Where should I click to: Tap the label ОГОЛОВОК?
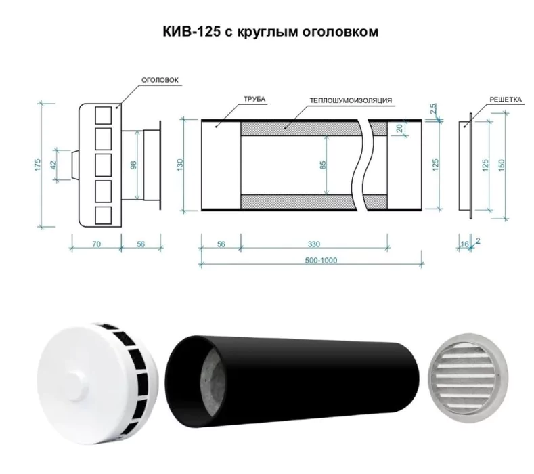click(x=160, y=80)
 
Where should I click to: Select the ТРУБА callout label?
click(x=254, y=100)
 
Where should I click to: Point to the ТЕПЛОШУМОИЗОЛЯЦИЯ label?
click(x=351, y=100)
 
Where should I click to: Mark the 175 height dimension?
click(x=38, y=164)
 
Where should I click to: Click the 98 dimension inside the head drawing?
click(x=133, y=164)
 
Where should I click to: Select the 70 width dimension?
click(x=97, y=244)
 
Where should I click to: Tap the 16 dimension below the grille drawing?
click(x=464, y=241)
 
